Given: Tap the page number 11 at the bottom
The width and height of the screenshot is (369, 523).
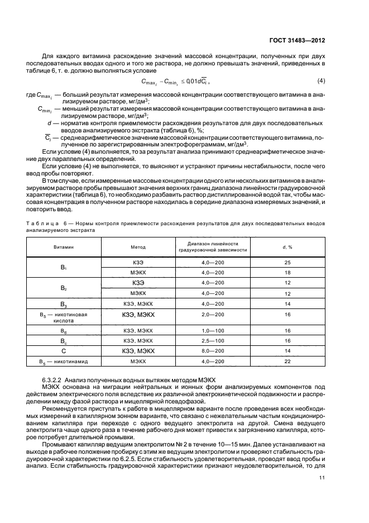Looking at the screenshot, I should pos(322,462).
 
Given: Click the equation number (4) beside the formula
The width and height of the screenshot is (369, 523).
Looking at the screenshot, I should pos(321,82).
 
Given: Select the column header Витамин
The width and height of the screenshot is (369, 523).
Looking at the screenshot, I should pos(64,246).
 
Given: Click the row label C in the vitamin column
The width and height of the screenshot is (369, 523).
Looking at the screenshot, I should pos(64,351).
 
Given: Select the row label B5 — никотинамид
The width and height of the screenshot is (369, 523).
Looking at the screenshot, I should pos(64,362).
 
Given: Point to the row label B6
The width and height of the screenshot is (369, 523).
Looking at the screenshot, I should pos(64,331).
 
